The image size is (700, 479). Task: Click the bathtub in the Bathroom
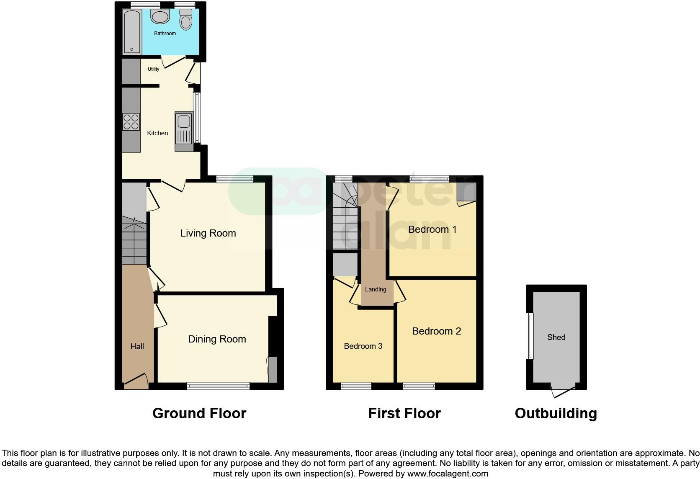coord(132,32)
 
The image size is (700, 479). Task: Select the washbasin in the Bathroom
coord(160,17)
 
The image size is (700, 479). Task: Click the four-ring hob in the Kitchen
coord(131,121)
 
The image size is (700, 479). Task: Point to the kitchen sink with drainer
coord(184,131)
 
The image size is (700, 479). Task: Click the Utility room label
coord(153,69)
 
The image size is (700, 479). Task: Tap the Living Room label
coord(208,233)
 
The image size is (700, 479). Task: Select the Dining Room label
coord(217,339)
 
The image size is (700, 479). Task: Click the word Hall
coord(137,346)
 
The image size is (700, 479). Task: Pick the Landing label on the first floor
coord(376,289)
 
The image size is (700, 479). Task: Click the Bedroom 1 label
coord(432,229)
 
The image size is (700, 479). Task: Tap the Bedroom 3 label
coord(363,346)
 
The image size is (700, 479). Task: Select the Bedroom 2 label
coord(436,331)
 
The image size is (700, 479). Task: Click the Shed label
coord(556,337)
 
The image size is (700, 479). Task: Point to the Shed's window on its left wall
coord(530,336)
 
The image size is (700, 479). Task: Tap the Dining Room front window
coord(218,386)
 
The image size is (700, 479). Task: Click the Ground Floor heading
coord(199,413)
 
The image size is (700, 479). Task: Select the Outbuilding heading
coord(556,413)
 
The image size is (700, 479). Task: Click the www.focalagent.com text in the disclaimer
coord(448,474)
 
